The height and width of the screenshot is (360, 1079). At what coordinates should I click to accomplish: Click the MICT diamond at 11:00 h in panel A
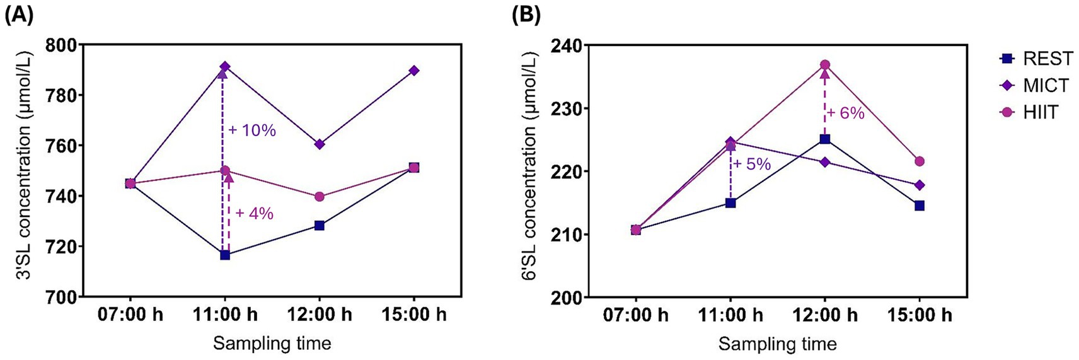tap(225, 67)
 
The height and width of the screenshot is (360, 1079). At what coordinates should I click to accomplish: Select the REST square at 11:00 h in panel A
tap(225, 255)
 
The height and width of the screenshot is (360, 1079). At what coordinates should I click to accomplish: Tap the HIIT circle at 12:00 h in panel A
tap(320, 197)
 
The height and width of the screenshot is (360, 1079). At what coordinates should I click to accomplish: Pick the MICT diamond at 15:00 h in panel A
tap(414, 71)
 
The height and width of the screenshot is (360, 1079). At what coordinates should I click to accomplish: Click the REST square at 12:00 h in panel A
tap(320, 225)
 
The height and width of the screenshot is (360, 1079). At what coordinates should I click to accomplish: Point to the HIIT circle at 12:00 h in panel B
tap(825, 65)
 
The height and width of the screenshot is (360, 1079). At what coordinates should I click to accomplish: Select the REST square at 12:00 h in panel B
tap(825, 139)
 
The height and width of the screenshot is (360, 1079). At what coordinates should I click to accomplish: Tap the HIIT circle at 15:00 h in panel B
tap(920, 161)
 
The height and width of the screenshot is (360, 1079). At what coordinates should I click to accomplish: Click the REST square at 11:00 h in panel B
tap(730, 203)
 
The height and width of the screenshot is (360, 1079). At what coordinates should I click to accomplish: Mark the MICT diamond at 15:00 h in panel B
tap(920, 185)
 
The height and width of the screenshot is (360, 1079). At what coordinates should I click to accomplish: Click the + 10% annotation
tap(252, 131)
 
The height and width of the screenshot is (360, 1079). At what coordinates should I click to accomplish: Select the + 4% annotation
tap(254, 214)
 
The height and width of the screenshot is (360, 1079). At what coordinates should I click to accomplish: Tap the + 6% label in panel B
tap(845, 113)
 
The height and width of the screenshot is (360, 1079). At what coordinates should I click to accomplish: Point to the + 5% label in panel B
tap(752, 164)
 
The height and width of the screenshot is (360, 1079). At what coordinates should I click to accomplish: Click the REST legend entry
tap(1036, 59)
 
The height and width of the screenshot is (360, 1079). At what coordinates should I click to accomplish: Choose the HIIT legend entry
tap(1031, 112)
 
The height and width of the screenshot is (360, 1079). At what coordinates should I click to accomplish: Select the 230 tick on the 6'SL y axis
tap(566, 108)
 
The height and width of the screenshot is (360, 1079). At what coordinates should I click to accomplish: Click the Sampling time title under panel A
tap(272, 344)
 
